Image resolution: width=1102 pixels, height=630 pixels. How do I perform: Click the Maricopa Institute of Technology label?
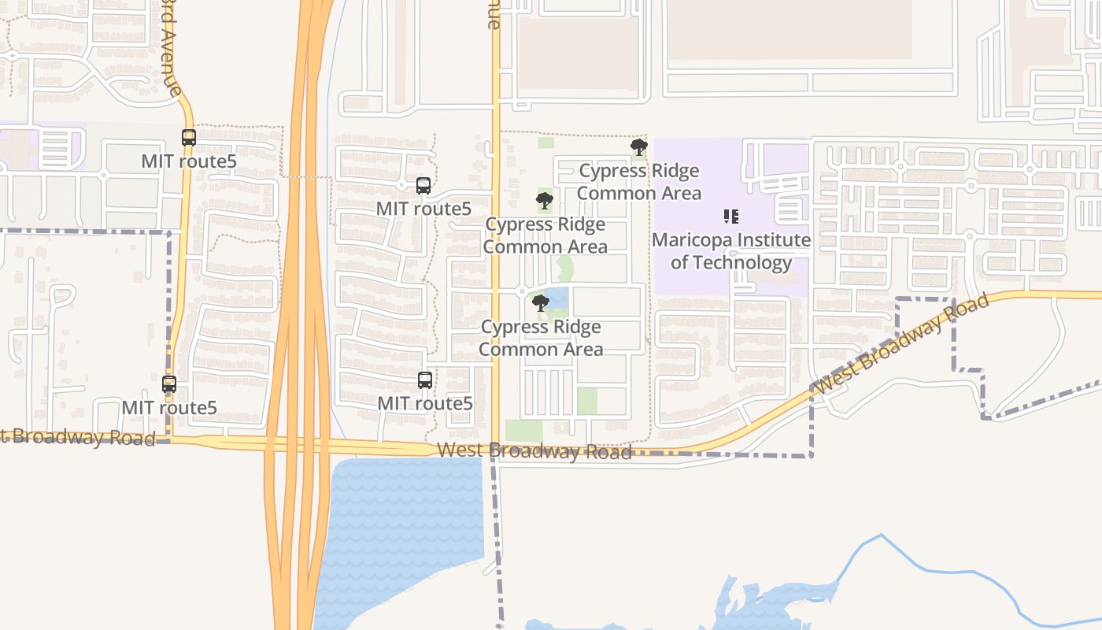pos(731,251)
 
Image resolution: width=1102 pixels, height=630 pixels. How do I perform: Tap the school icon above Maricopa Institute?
pos(730,216)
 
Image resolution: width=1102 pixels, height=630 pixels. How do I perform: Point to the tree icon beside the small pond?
pos(540,302)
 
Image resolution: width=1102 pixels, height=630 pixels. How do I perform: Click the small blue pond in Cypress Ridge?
pos(557,297)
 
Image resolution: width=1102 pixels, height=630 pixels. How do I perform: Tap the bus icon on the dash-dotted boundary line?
pos(169,384)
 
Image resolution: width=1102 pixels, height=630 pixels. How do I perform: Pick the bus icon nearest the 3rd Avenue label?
pos(188,138)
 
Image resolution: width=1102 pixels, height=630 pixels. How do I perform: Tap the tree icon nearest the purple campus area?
pos(638,146)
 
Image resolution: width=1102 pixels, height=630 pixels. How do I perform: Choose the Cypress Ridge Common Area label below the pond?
pos(541,338)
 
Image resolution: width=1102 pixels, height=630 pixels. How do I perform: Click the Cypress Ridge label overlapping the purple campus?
pos(639,182)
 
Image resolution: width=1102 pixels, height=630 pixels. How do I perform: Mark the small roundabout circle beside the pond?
pos(521,291)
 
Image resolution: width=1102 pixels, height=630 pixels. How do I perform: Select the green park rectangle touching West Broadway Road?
pos(523,431)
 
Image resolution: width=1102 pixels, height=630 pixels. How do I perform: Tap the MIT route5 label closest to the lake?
pos(425,403)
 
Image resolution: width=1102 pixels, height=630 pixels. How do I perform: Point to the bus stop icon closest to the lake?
pos(425,380)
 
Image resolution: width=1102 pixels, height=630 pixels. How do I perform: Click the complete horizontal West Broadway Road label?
pos(534,451)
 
